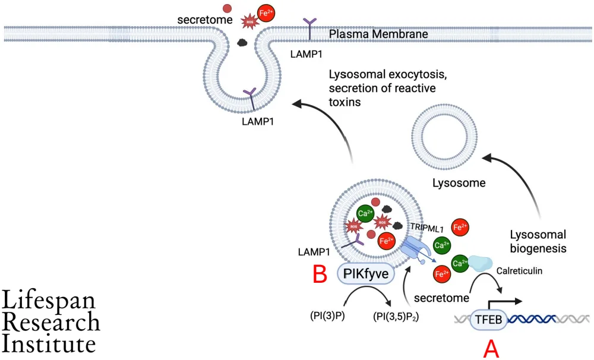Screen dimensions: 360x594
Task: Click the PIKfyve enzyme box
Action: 362,274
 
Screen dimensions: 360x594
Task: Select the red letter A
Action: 491,349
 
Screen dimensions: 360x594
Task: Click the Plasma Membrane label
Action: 379,35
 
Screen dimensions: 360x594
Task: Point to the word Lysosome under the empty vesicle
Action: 458,184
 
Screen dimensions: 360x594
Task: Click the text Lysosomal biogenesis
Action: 539,241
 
